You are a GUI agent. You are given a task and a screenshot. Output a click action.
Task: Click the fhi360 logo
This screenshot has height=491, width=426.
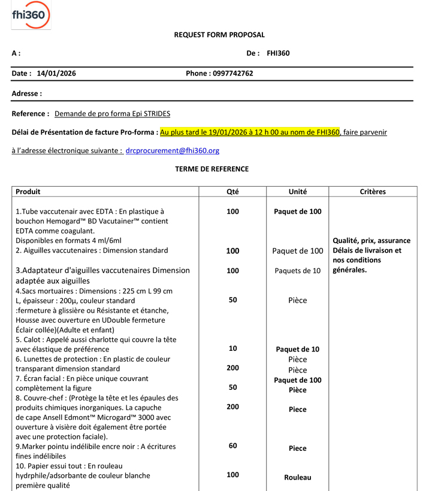pos(31,15)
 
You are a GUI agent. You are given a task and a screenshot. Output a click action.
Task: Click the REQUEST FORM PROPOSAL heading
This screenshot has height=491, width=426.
pos(219,35)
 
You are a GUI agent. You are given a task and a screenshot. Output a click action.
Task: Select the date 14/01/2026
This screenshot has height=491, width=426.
pos(56,74)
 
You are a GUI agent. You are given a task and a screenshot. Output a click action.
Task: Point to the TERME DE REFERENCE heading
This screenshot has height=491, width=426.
pos(212,169)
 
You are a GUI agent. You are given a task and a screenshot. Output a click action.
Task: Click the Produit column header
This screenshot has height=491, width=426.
pos(28,192)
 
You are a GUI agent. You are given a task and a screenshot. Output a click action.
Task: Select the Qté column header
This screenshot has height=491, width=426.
pos(232,192)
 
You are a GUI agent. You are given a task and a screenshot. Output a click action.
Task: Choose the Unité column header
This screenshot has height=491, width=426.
pos(298,192)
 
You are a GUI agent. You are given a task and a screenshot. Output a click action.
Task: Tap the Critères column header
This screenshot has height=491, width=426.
pos(373,192)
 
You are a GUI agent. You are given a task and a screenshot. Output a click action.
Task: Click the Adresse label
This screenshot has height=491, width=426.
pos(27,93)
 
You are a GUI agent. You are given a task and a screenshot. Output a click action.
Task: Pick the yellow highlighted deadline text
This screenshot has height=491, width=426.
pos(250,132)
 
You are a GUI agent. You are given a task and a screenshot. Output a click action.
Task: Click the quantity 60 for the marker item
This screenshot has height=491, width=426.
pos(232,445)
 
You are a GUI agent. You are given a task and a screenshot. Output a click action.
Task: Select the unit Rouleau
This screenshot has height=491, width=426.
pos(298,477)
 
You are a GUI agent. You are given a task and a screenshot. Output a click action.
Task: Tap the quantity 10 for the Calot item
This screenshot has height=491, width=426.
pos(232,348)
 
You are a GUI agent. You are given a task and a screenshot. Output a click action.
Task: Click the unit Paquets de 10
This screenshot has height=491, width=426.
pos(298,271)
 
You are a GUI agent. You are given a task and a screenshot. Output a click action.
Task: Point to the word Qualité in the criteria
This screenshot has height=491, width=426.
pos(347,241)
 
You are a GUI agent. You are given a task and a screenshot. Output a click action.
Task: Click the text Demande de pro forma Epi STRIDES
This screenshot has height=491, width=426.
pos(112,113)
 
